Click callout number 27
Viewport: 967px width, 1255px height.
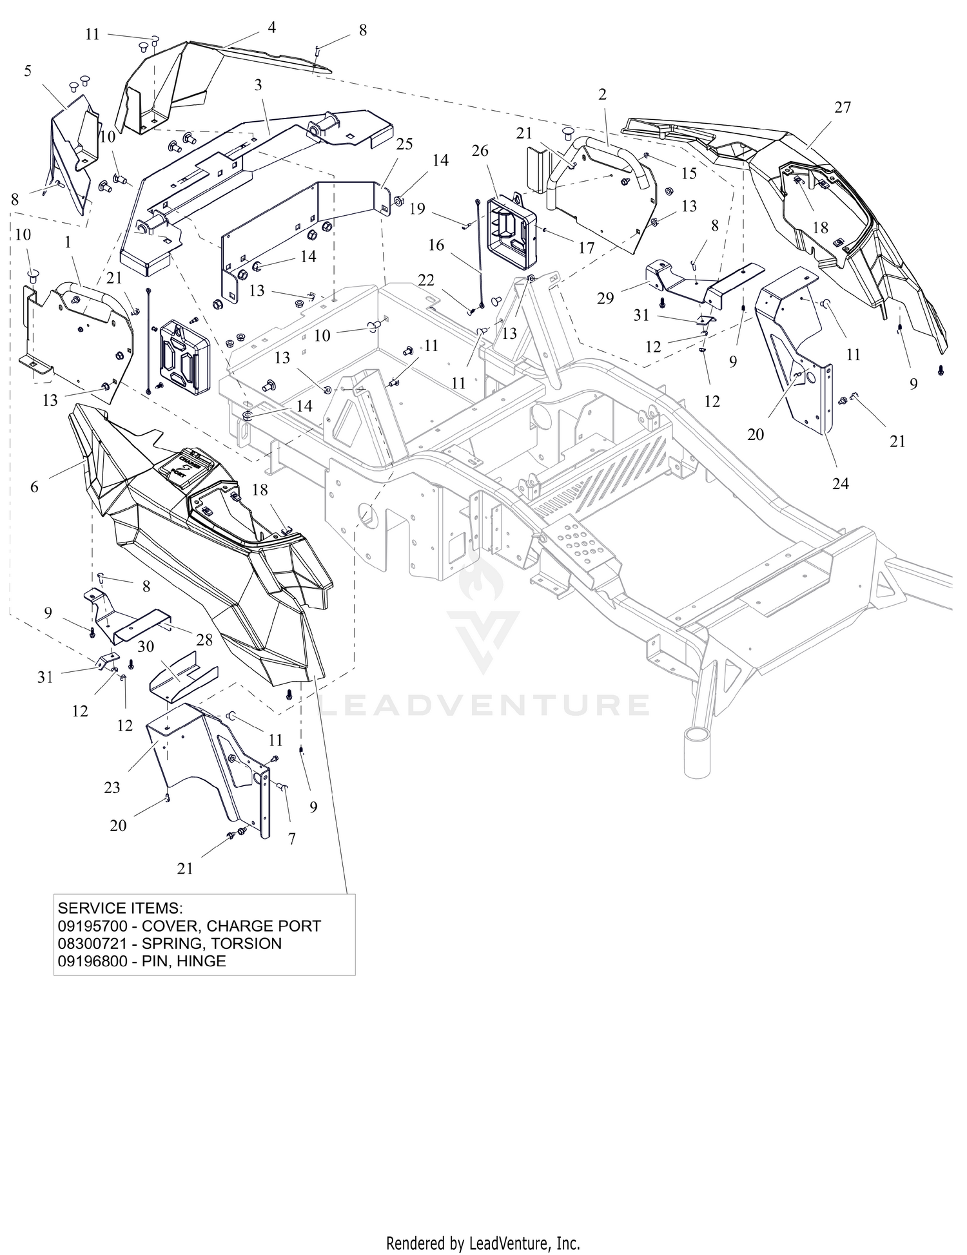843,108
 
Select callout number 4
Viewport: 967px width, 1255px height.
272,28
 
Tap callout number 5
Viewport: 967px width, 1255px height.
28,71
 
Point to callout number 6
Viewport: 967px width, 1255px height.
34,487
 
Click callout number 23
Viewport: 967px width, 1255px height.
112,787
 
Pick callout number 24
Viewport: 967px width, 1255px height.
841,483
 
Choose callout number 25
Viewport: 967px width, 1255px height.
404,144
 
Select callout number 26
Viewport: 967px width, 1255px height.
480,151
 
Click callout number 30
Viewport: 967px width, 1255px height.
146,646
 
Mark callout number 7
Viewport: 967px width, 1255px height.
292,839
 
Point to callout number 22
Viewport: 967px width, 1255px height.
426,280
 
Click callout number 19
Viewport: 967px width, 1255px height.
417,209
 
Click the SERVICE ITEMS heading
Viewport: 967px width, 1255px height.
121,908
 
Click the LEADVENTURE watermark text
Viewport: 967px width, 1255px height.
485,704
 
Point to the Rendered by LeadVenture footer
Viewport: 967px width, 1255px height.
484,1243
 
